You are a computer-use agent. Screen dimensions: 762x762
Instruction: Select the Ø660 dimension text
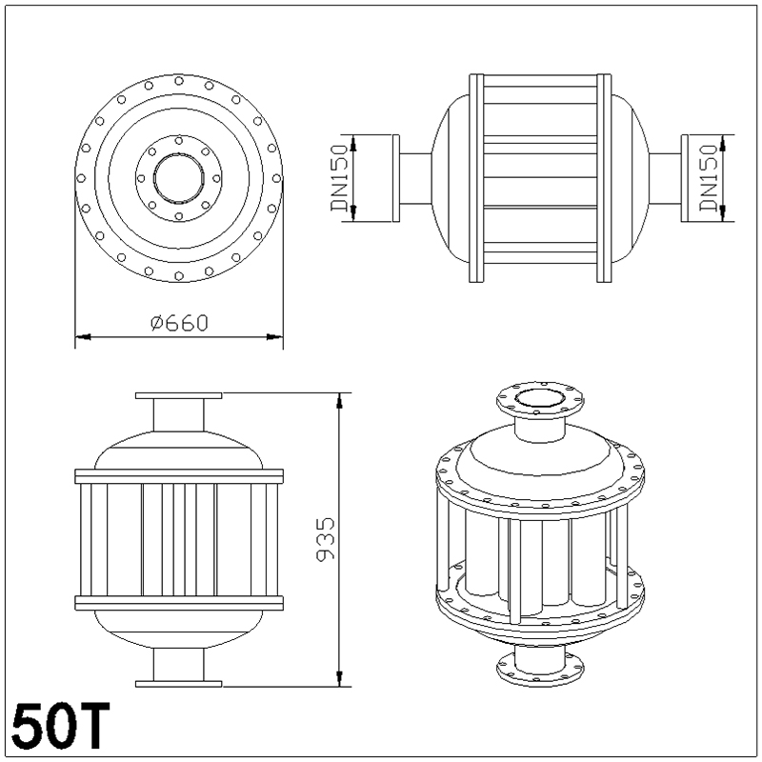click(x=179, y=323)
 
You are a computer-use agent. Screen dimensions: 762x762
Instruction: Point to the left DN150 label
click(x=340, y=178)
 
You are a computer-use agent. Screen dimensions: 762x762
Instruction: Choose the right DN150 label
click(x=707, y=178)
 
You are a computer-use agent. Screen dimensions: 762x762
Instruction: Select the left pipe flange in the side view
click(x=395, y=178)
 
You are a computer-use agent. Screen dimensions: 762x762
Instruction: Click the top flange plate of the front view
click(x=179, y=395)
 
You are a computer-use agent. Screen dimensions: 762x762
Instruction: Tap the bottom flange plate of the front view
click(x=179, y=683)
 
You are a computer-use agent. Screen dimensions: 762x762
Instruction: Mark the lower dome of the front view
click(x=179, y=629)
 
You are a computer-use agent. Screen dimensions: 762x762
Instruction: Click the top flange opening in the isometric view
click(x=538, y=397)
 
